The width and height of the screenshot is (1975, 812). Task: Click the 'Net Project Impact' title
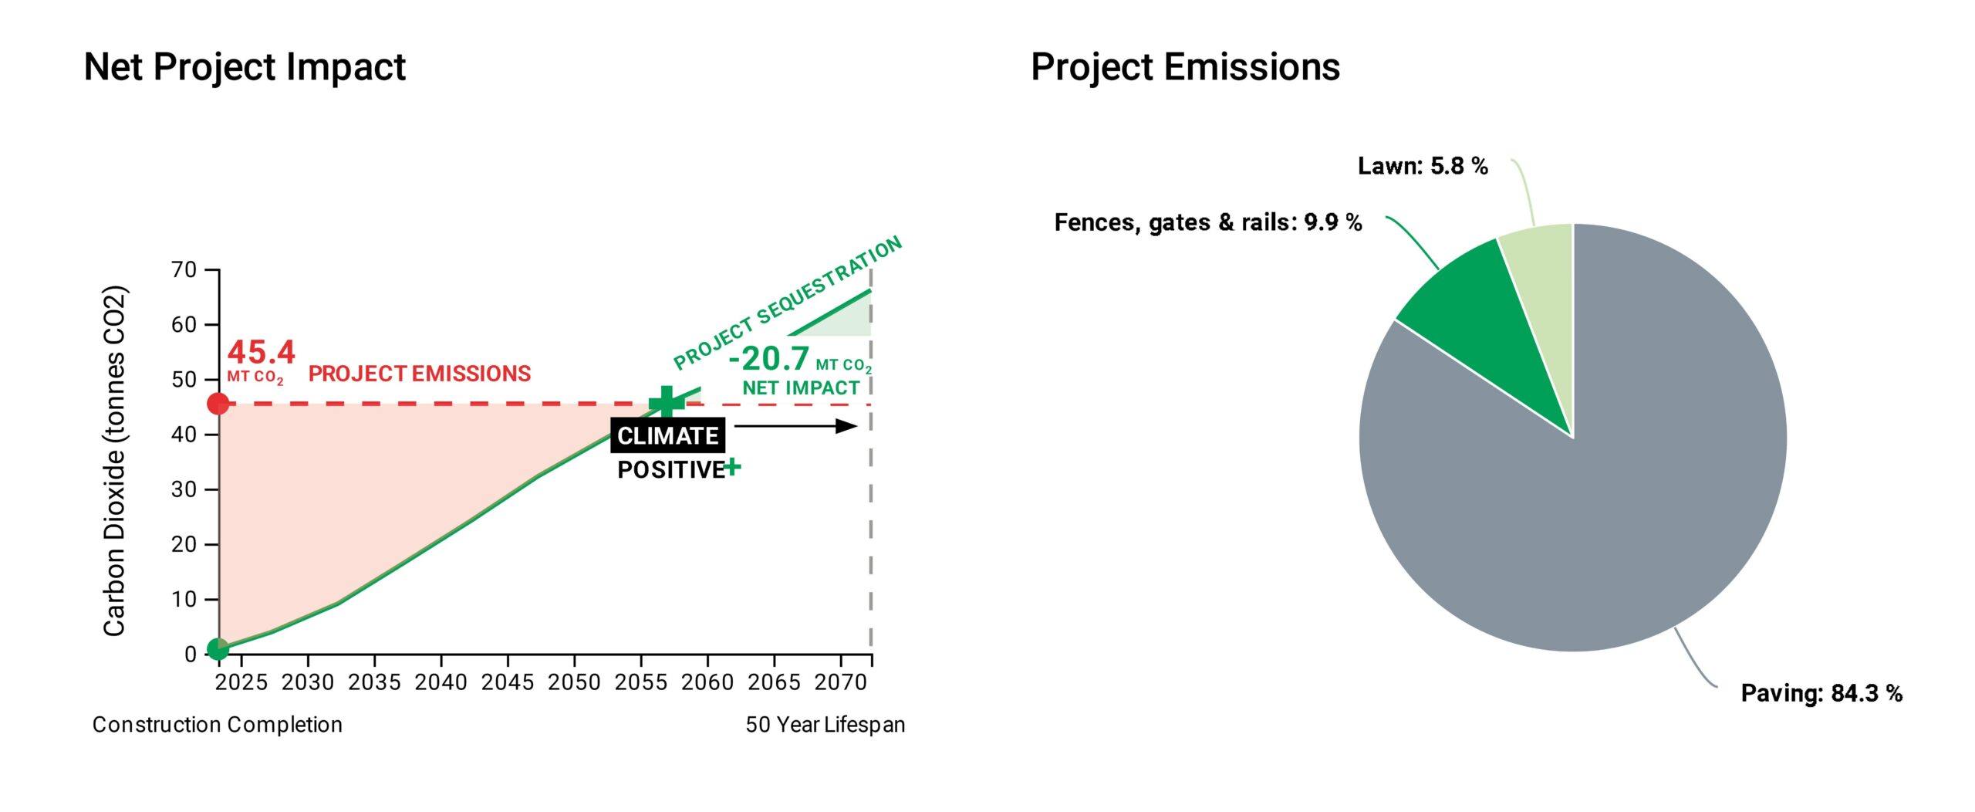click(245, 67)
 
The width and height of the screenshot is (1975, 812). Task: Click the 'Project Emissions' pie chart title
click(1185, 67)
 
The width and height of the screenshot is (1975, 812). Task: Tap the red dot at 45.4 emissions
click(218, 403)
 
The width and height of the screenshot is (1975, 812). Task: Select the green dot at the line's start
click(218, 648)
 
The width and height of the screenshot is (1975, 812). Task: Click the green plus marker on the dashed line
click(667, 403)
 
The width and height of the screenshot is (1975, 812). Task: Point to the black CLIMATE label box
click(667, 436)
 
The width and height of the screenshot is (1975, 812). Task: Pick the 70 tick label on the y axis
click(184, 270)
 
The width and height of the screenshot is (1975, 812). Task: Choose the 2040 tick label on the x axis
click(441, 683)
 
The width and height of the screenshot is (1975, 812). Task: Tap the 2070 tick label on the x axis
click(841, 683)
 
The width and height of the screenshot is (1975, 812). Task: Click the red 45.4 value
click(261, 353)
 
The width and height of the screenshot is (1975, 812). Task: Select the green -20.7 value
click(769, 359)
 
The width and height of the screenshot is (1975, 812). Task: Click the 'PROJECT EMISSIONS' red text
click(420, 374)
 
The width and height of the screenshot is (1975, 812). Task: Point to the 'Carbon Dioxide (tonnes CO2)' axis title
click(114, 461)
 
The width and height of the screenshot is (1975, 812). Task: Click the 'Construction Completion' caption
click(218, 725)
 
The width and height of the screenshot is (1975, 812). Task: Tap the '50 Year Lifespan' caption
click(825, 725)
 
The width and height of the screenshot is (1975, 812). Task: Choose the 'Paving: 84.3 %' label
click(1821, 693)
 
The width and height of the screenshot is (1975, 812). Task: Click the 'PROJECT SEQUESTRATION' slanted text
click(787, 303)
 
